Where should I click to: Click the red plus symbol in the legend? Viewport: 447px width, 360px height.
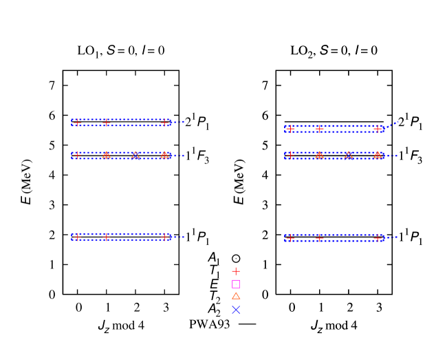click(x=236, y=271)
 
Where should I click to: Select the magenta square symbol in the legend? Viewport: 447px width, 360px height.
click(x=236, y=284)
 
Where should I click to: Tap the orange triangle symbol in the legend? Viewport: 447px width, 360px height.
click(x=236, y=296)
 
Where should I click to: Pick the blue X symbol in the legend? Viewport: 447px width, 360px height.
click(x=236, y=310)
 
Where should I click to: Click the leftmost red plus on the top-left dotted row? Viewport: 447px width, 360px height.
click(x=77, y=123)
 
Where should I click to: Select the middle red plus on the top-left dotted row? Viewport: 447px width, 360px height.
click(x=107, y=123)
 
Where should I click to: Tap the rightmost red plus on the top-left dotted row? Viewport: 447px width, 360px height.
click(x=165, y=123)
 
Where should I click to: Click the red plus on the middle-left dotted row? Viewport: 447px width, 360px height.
click(x=77, y=156)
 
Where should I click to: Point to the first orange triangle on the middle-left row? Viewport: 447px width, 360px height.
click(x=107, y=155)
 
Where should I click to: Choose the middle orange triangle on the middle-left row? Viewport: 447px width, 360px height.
click(x=135, y=155)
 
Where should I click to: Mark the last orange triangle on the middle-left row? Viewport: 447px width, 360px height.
click(x=164, y=155)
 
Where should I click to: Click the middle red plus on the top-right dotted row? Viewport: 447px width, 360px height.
click(x=320, y=129)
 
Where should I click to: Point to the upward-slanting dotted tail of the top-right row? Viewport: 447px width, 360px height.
click(x=392, y=125)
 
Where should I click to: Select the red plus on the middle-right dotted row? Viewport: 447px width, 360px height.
click(x=290, y=156)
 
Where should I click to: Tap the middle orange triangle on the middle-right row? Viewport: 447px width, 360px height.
click(x=349, y=155)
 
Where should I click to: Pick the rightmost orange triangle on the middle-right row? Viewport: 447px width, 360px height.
click(x=378, y=155)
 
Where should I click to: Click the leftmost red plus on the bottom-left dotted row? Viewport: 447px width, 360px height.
click(x=77, y=237)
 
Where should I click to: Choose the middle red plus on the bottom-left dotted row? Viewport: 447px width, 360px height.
click(x=107, y=237)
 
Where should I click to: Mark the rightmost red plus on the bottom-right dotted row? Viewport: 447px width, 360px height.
click(x=378, y=237)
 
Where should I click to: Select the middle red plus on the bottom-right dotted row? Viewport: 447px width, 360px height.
click(x=320, y=237)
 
